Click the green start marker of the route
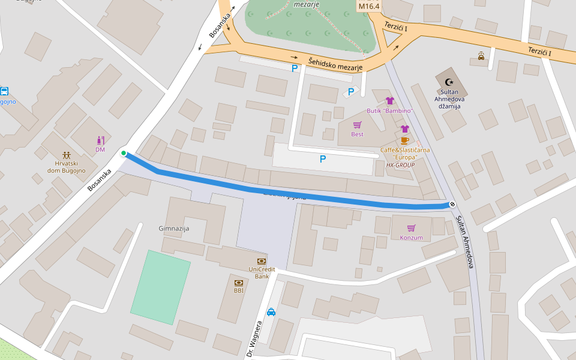(124, 154)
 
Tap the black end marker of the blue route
(452, 204)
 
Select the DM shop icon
(100, 140)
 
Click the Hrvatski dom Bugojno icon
(66, 155)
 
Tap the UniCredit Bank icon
(262, 261)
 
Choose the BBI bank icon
(239, 282)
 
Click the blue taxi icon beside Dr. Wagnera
(271, 311)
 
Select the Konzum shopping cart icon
(411, 228)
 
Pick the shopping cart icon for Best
(357, 125)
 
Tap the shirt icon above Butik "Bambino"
(389, 101)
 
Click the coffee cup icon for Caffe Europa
(405, 140)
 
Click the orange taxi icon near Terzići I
(481, 56)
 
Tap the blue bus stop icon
(4, 91)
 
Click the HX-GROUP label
(400, 164)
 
